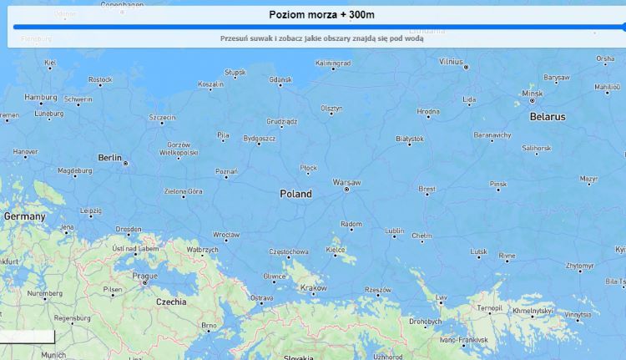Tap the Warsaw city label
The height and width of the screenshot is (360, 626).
click(x=346, y=181)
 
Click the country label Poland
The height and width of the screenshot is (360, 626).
click(x=295, y=194)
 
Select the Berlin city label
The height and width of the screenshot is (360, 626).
click(x=109, y=157)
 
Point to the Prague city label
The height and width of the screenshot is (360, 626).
click(x=144, y=276)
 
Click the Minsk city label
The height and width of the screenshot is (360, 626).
click(x=531, y=93)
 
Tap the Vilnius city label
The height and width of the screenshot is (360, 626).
click(x=451, y=61)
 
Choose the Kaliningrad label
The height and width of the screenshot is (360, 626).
click(x=333, y=63)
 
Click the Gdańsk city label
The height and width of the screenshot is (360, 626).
click(x=280, y=79)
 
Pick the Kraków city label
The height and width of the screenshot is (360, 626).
click(x=313, y=288)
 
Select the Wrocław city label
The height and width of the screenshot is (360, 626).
click(x=225, y=235)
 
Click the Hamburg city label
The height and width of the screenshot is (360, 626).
click(x=40, y=97)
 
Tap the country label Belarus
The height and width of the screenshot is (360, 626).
click(x=548, y=117)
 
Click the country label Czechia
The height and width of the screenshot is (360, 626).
click(x=171, y=302)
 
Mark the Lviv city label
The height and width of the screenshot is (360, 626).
click(x=441, y=297)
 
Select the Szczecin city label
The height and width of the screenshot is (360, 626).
click(x=162, y=118)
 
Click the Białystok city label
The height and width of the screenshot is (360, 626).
click(x=409, y=138)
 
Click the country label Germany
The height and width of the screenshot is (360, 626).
click(x=24, y=216)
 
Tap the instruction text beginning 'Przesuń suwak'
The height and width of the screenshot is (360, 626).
click(x=321, y=38)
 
